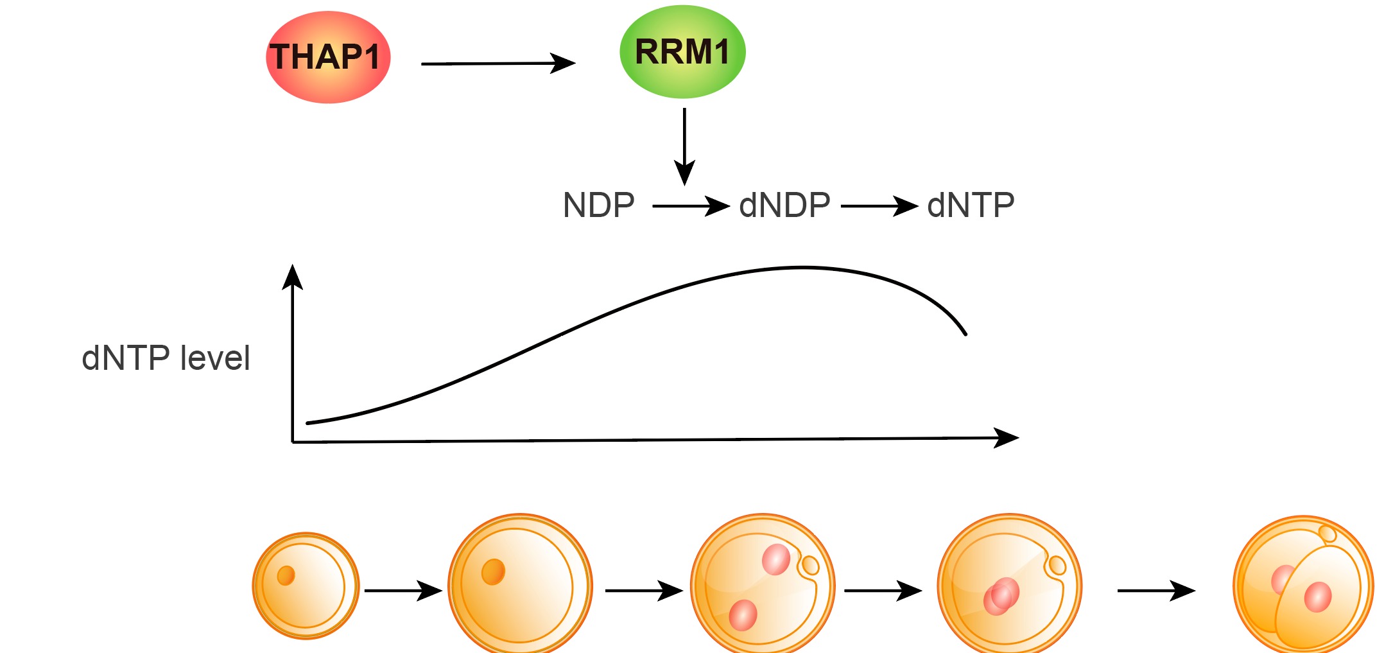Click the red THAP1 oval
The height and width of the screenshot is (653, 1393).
(x=327, y=57)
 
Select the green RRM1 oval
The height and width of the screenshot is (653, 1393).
(x=682, y=52)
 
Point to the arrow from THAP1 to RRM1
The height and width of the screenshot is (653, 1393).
(x=497, y=64)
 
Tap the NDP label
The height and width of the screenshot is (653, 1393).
(x=598, y=206)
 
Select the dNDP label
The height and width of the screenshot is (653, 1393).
(x=784, y=206)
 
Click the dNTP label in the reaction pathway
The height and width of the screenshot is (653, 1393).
(x=971, y=206)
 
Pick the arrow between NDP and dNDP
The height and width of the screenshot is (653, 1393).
(x=691, y=206)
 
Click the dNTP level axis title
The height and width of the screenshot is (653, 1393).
(x=166, y=358)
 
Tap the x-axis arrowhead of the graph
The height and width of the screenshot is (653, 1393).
(x=1007, y=438)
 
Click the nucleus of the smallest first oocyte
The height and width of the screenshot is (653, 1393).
(x=286, y=575)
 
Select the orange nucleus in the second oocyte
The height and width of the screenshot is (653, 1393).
(x=493, y=571)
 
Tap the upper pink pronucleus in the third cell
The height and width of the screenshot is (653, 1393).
(x=775, y=559)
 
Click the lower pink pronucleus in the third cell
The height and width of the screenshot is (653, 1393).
(x=743, y=615)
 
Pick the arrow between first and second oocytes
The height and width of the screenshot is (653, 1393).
(x=403, y=590)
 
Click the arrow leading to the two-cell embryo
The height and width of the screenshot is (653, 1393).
(x=1155, y=590)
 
